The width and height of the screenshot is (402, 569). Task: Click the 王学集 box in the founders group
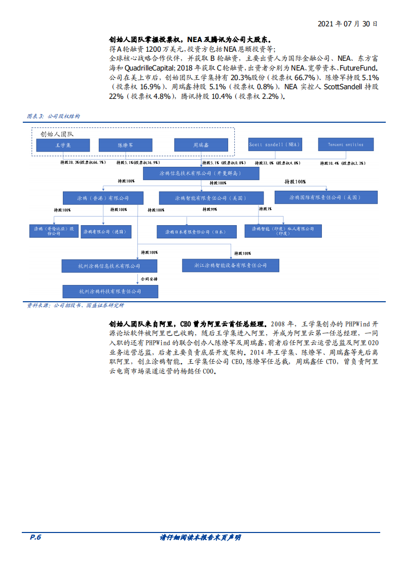pyautogui.click(x=63, y=145)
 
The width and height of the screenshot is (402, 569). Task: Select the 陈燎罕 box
pyautogui.click(x=126, y=145)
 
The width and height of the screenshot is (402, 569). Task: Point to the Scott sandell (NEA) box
pyautogui.click(x=274, y=145)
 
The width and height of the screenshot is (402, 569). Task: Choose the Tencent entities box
pyautogui.click(x=346, y=145)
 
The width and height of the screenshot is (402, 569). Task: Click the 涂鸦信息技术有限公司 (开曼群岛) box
pyautogui.click(x=201, y=173)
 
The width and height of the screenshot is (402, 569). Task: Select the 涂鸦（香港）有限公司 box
pyautogui.click(x=103, y=198)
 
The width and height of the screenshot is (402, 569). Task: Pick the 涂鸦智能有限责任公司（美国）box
pyautogui.click(x=211, y=198)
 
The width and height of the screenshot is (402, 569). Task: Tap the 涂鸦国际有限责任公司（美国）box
pyautogui.click(x=325, y=197)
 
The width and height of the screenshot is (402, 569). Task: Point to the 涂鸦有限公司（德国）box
pyautogui.click(x=110, y=231)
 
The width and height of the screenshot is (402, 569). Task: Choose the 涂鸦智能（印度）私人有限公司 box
pyautogui.click(x=283, y=231)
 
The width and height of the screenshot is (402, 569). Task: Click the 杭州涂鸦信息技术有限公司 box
pyautogui.click(x=109, y=266)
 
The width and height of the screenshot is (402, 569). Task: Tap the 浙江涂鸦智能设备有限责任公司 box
pyautogui.click(x=231, y=265)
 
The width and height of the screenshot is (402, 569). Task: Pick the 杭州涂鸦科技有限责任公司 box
pyautogui.click(x=110, y=291)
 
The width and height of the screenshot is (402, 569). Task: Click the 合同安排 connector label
pyautogui.click(x=149, y=279)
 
